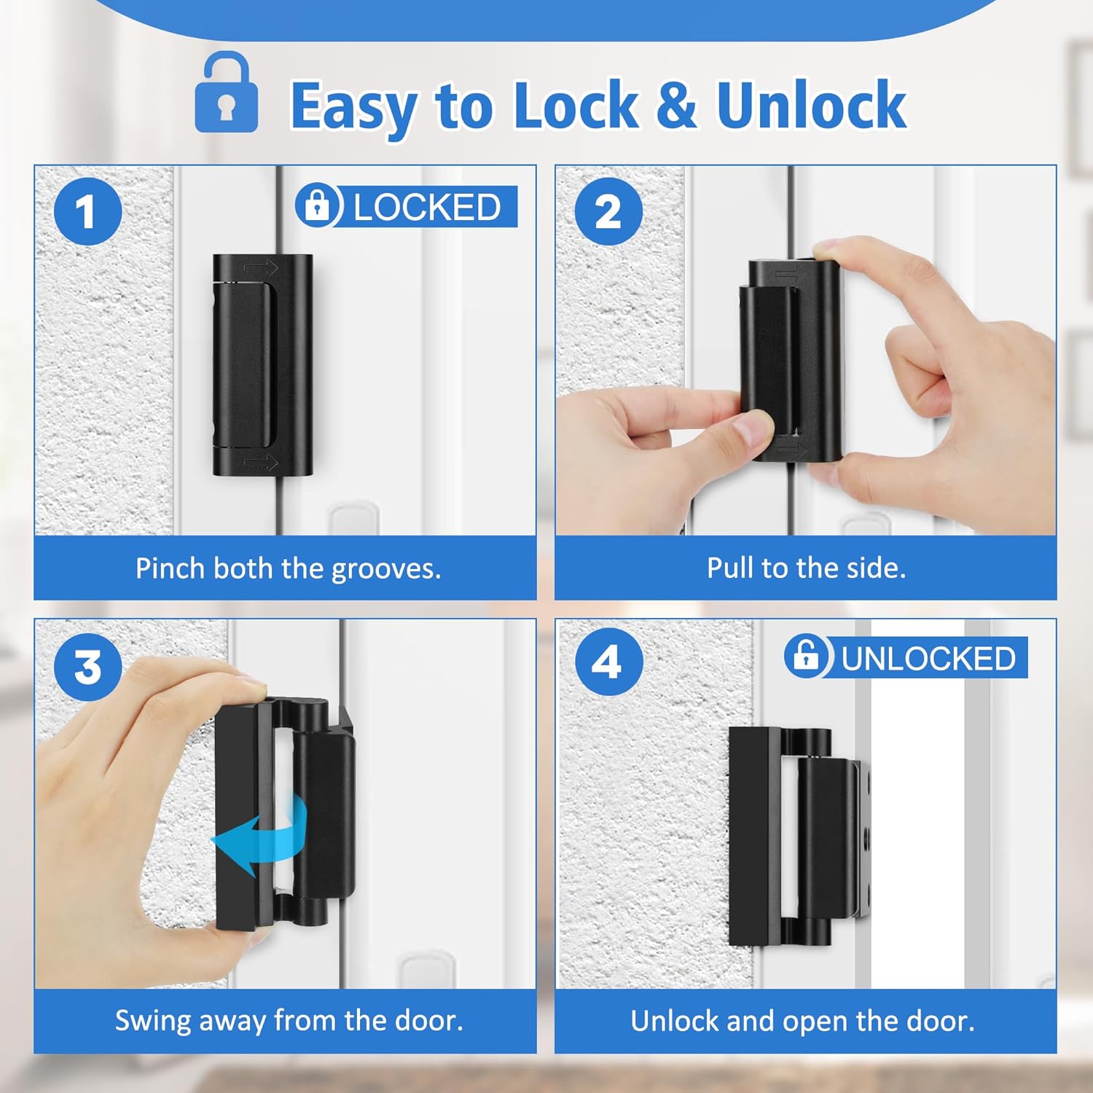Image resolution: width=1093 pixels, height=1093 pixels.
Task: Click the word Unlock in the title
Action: click(811, 106)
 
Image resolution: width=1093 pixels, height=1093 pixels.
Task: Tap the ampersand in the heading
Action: click(676, 106)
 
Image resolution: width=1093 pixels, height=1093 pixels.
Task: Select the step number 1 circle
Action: click(87, 211)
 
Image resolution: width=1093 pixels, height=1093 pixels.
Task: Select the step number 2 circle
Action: click(608, 211)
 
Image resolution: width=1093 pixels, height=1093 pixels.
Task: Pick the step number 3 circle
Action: click(87, 665)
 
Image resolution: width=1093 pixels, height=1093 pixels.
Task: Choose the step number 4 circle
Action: click(608, 662)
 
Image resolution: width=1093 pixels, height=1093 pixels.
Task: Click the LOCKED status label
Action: click(427, 207)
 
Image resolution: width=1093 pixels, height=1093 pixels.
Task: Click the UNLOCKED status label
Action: click(928, 658)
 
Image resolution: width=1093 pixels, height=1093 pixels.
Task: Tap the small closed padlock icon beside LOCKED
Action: click(318, 205)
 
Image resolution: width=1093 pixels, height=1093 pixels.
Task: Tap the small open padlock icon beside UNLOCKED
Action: click(806, 656)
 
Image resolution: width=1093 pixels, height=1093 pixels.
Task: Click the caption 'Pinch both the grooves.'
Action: click(288, 568)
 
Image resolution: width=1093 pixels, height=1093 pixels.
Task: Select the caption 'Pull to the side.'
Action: click(806, 568)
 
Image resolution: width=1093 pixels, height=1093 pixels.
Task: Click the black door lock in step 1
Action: click(262, 364)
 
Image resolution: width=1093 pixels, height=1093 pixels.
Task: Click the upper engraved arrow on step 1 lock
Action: click(260, 268)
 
